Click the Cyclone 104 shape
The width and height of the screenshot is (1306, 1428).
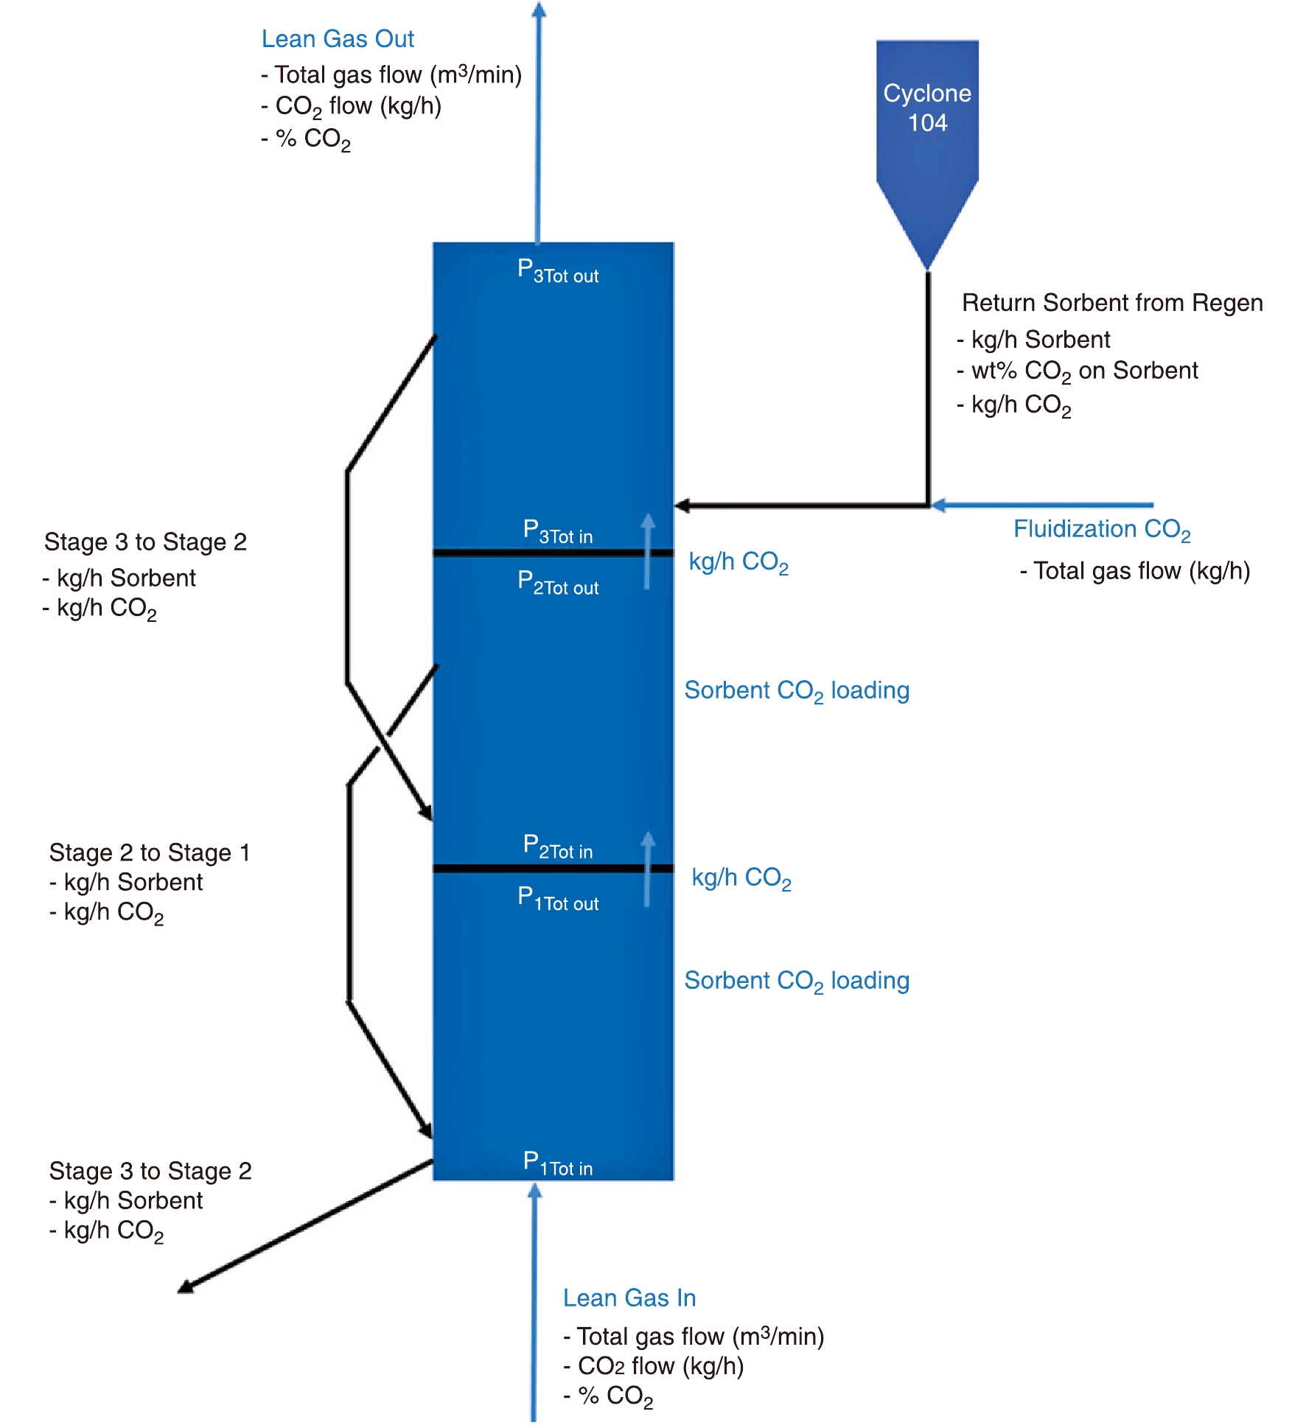pyautogui.click(x=926, y=133)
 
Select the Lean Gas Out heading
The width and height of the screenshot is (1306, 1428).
pyautogui.click(x=338, y=39)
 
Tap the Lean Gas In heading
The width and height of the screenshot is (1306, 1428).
pyautogui.click(x=629, y=1298)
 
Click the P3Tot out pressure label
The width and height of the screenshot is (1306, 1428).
pyautogui.click(x=557, y=271)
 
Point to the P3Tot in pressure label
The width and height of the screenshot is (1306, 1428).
pyautogui.click(x=557, y=531)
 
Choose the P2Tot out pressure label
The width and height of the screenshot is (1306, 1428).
pyautogui.click(x=557, y=583)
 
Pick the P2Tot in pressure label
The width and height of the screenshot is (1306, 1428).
pyautogui.click(x=557, y=847)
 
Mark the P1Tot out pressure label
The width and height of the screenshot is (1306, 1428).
pyautogui.click(x=557, y=898)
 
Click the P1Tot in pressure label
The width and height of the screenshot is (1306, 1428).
pyautogui.click(x=557, y=1163)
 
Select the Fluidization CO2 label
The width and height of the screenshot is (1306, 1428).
pyautogui.click(x=1101, y=530)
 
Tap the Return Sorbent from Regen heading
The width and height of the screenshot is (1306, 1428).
pyautogui.click(x=1111, y=303)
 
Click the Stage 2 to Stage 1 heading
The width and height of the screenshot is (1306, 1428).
pyautogui.click(x=150, y=853)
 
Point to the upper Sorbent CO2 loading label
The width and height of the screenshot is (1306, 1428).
pyautogui.click(x=796, y=691)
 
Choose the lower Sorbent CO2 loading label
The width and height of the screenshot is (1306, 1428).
pyautogui.click(x=796, y=981)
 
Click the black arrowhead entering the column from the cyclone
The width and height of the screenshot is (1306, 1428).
pyautogui.click(x=682, y=505)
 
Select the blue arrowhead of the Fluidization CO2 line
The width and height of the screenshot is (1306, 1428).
pyautogui.click(x=939, y=505)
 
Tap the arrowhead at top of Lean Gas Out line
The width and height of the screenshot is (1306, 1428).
pyautogui.click(x=539, y=10)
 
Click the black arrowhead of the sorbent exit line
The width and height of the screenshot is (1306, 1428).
pyautogui.click(x=186, y=1287)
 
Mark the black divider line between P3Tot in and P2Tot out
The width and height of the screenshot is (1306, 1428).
pyautogui.click(x=553, y=553)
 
